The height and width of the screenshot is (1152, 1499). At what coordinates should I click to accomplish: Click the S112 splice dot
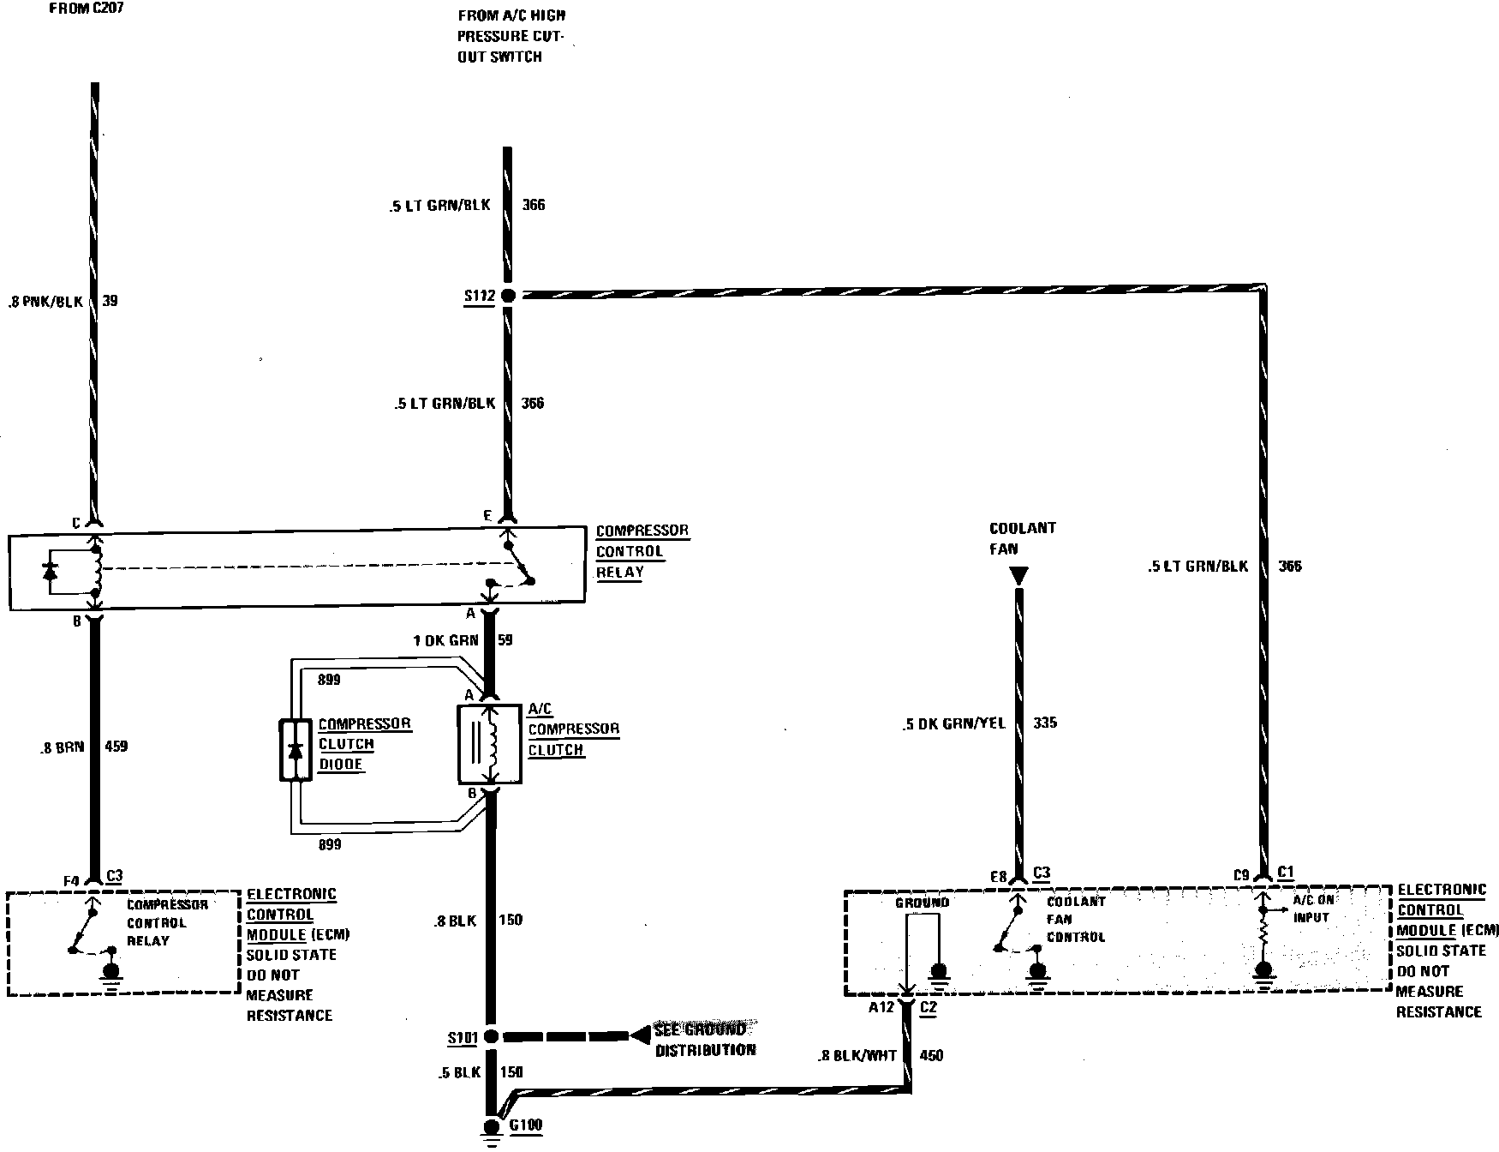(x=507, y=296)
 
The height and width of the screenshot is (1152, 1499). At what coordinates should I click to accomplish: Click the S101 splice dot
(x=491, y=1036)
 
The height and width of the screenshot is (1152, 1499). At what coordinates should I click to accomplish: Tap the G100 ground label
(x=525, y=1125)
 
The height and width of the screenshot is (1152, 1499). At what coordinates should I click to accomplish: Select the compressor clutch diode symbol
(x=296, y=751)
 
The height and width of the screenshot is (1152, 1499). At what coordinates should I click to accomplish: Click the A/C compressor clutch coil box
(x=490, y=744)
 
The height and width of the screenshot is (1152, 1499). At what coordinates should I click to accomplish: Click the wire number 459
(x=115, y=747)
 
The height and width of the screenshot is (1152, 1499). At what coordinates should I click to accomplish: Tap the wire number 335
(x=1045, y=723)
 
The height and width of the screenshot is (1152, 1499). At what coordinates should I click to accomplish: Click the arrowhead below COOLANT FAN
(x=1018, y=575)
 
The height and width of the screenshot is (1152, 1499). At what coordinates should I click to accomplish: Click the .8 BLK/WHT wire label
(x=857, y=1055)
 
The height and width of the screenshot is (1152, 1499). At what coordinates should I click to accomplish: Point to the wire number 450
(x=930, y=1055)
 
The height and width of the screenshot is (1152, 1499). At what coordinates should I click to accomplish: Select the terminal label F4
(x=71, y=879)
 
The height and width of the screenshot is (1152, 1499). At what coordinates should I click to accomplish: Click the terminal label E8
(x=997, y=877)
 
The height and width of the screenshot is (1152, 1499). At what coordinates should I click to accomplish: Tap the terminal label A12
(x=881, y=1007)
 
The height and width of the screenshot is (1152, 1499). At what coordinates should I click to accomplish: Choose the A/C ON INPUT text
(x=1311, y=909)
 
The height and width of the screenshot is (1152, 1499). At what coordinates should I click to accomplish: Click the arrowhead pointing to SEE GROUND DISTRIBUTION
(x=639, y=1036)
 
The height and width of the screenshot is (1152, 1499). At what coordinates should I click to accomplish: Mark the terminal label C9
(x=1242, y=876)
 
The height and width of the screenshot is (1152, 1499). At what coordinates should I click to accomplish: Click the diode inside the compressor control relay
(x=51, y=569)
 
